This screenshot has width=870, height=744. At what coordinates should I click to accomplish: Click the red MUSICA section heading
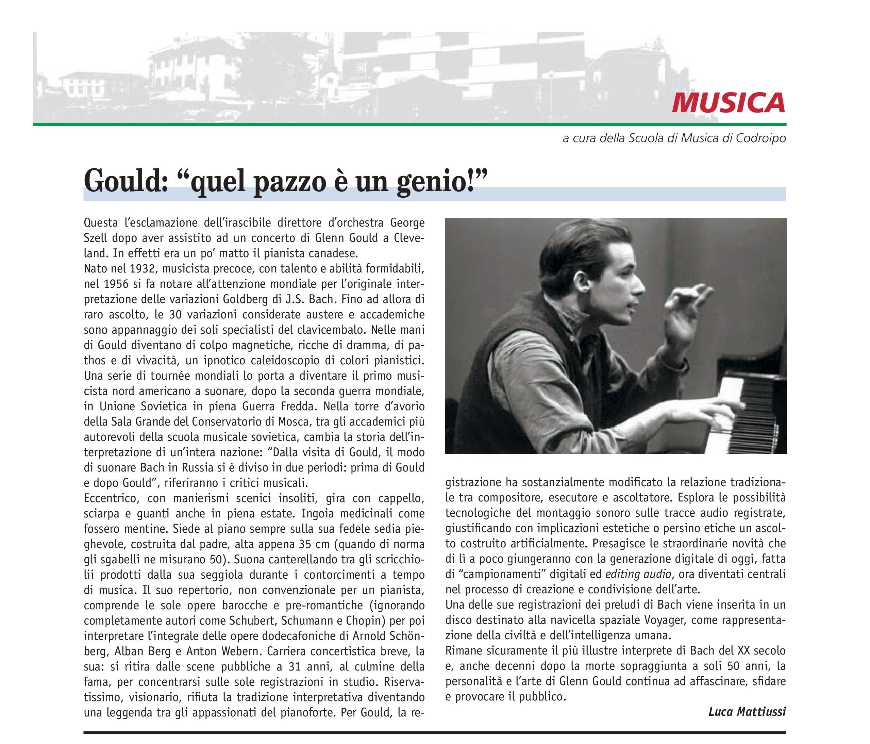728,103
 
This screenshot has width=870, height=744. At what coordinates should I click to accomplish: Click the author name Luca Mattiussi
747,712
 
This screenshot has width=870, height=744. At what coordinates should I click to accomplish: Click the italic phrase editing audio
638,574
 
